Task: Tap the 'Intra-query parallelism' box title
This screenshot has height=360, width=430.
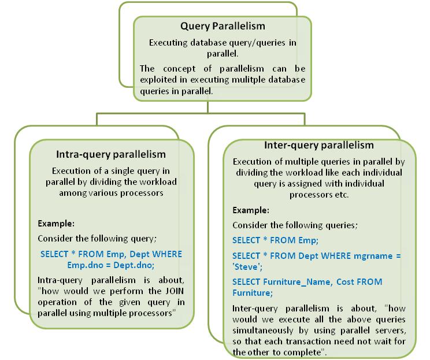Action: click(111, 154)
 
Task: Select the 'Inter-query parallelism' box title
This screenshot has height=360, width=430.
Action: click(319, 145)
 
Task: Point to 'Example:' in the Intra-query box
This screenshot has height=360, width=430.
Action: click(56, 223)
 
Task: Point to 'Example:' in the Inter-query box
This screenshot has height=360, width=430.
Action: click(251, 211)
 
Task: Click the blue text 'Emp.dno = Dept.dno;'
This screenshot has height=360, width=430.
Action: click(111, 264)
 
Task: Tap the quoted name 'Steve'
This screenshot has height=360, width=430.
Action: click(246, 266)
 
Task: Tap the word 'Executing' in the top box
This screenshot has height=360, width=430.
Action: click(168, 43)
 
